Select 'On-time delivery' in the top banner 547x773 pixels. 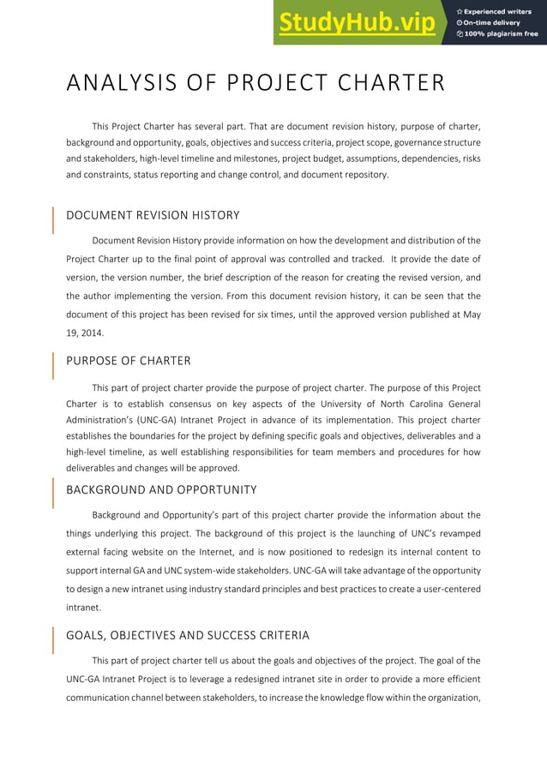click(x=493, y=22)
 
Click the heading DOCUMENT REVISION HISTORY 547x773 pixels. click(x=153, y=215)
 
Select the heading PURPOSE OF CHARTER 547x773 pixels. click(x=129, y=360)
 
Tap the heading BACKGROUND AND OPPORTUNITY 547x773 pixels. click(x=161, y=489)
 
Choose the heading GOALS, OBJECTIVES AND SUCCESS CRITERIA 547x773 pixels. click(x=188, y=635)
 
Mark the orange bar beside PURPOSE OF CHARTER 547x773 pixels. click(x=54, y=364)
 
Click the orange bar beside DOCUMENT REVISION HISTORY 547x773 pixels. click(x=54, y=219)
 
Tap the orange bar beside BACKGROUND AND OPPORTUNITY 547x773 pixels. click(x=54, y=494)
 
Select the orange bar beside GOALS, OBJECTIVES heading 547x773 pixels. click(x=54, y=639)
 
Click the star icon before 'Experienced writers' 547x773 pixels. click(x=460, y=10)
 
